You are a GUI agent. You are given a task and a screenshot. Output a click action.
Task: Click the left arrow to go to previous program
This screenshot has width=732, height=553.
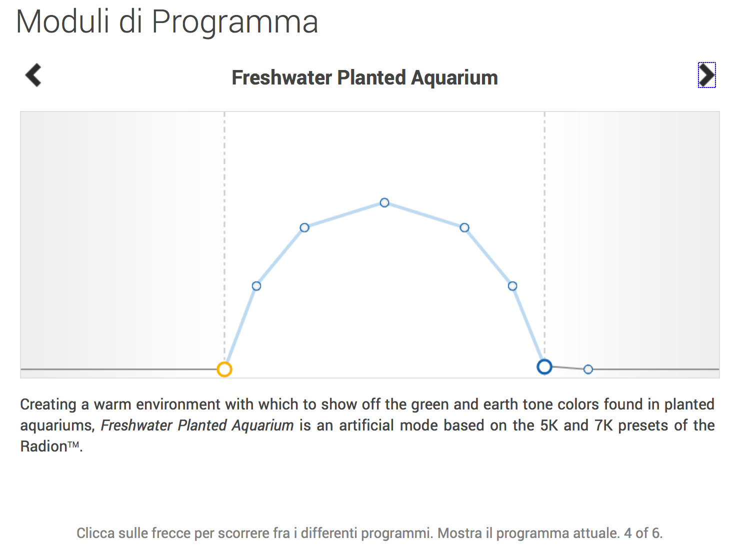(x=33, y=75)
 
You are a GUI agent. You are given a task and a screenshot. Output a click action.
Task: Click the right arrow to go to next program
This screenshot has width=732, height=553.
(x=706, y=75)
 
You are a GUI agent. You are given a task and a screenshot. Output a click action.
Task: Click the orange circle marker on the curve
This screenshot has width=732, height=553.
(x=224, y=369)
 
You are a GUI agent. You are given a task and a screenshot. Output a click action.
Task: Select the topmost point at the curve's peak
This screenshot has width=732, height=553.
(x=384, y=202)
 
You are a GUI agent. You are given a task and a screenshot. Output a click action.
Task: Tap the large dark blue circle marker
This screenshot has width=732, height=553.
(x=544, y=367)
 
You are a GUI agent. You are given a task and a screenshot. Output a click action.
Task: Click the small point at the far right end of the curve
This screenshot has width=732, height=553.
(x=588, y=369)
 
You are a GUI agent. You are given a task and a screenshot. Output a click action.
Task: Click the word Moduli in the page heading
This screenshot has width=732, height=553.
(x=62, y=21)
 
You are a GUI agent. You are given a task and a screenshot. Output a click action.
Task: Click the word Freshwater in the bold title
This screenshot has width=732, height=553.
(x=282, y=77)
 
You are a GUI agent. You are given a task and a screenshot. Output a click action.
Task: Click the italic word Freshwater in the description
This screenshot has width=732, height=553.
(x=136, y=425)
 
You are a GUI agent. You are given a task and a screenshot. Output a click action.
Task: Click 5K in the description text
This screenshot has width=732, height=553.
(x=549, y=425)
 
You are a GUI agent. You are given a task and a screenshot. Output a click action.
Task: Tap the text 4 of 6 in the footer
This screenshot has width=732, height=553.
(x=642, y=533)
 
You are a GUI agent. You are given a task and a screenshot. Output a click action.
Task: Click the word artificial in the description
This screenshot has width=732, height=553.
(x=366, y=425)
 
